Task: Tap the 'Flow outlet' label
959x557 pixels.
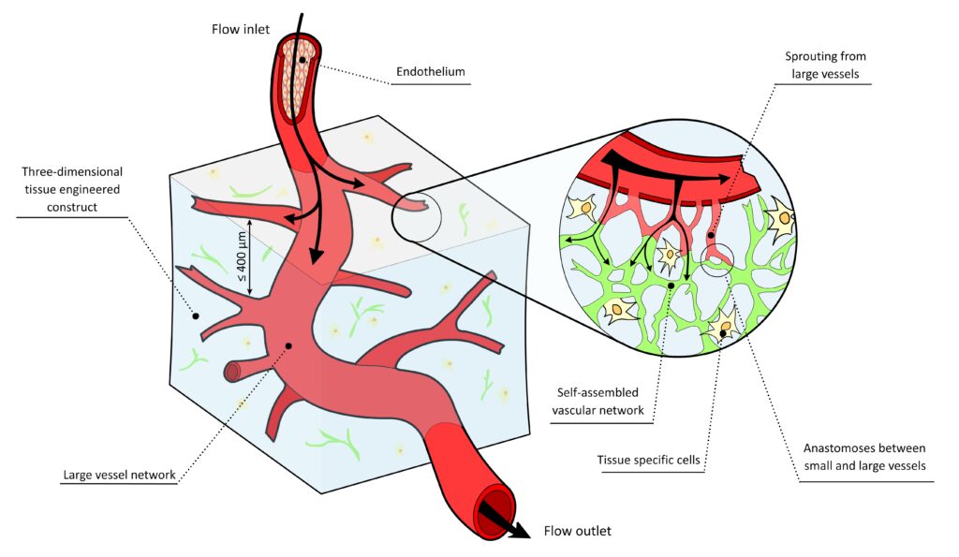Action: (x=577, y=531)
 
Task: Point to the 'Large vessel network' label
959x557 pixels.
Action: (x=119, y=475)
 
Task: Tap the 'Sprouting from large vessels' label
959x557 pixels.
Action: (x=825, y=65)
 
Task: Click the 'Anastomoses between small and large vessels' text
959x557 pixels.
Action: (x=866, y=456)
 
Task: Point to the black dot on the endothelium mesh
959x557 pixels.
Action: (x=302, y=60)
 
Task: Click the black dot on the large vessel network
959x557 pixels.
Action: (x=288, y=345)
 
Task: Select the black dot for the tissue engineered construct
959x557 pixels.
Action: (x=196, y=315)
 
